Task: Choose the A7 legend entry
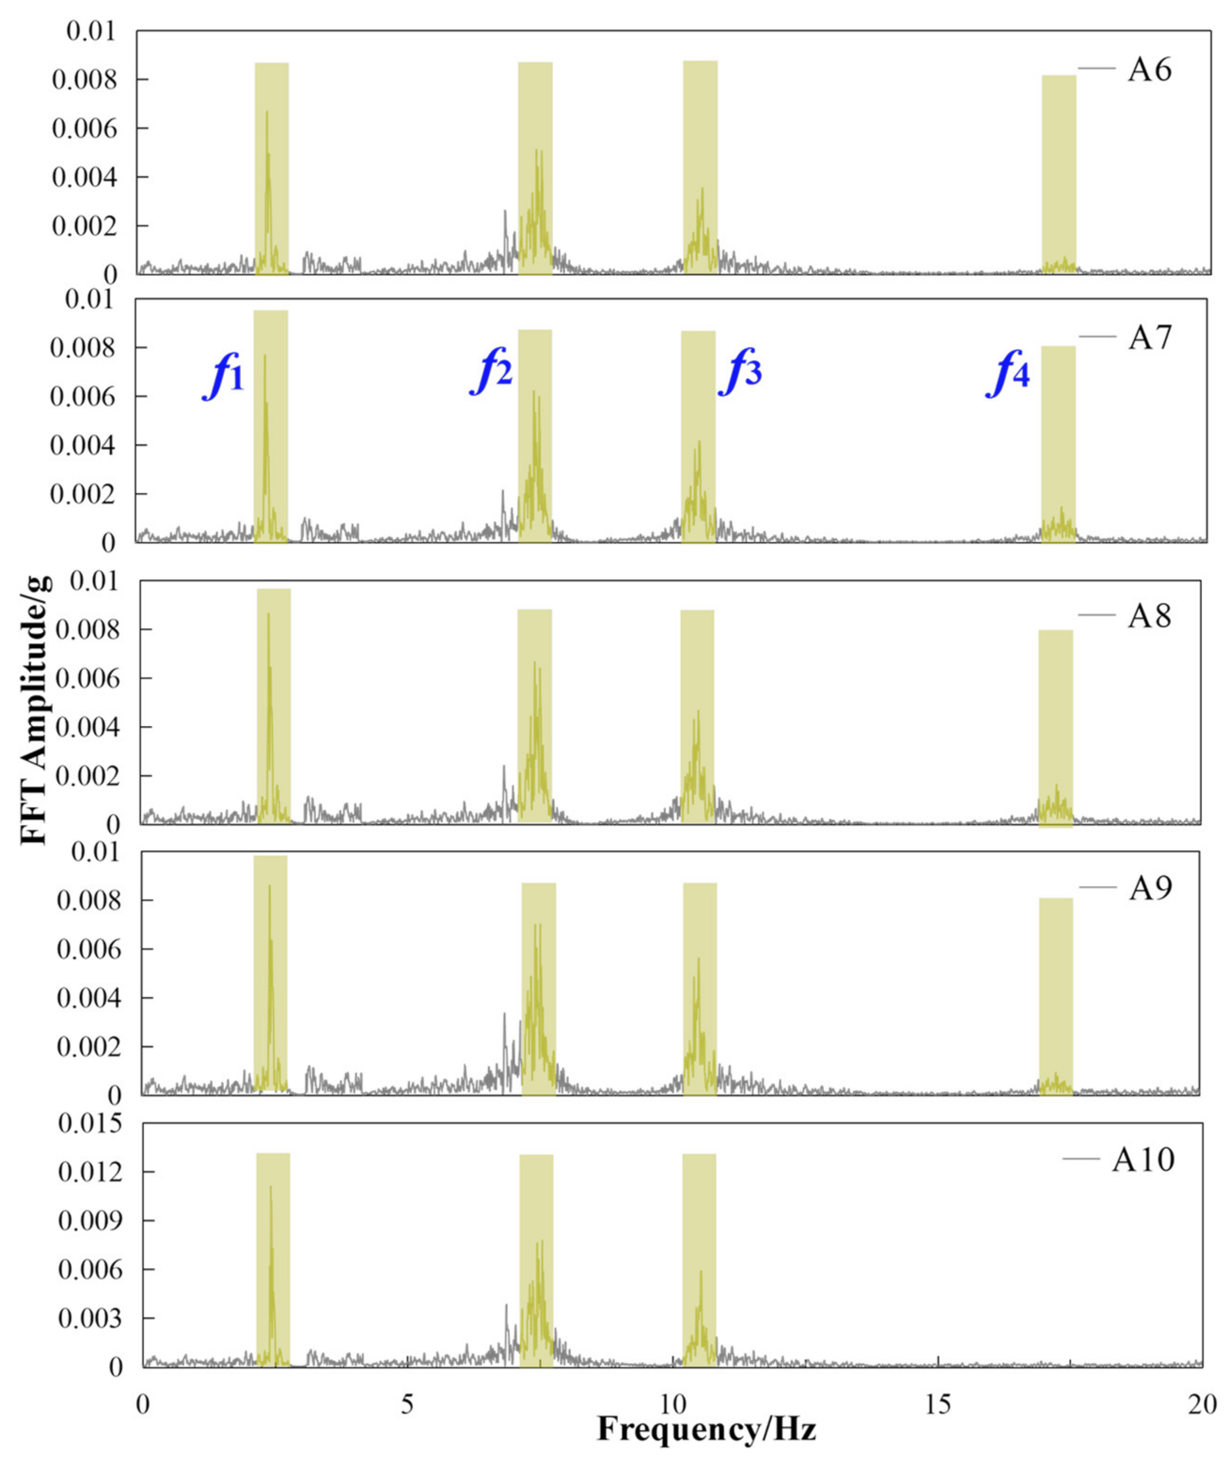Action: (1149, 338)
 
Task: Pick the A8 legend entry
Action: (1149, 616)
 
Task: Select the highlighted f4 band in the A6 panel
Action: (1058, 175)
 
